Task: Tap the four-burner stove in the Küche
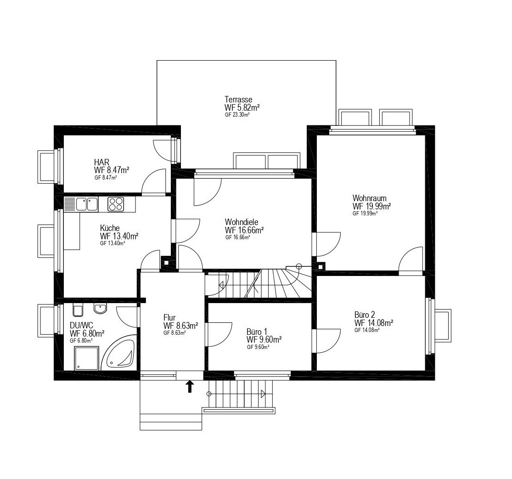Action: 116,204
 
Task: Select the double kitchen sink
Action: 87,204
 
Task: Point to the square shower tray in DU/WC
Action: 86,358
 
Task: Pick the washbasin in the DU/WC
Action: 100,308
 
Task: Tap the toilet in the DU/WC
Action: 78,310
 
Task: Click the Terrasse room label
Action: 238,99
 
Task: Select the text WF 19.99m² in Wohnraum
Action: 371,206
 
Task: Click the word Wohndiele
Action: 242,222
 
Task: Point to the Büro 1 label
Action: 257,332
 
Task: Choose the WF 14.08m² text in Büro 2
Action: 373,323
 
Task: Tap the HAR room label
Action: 101,162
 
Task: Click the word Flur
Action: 169,318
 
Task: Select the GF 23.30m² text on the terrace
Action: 237,115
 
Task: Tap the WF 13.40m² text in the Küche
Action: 119,236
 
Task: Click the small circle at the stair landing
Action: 298,266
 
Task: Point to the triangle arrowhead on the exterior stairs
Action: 263,394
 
